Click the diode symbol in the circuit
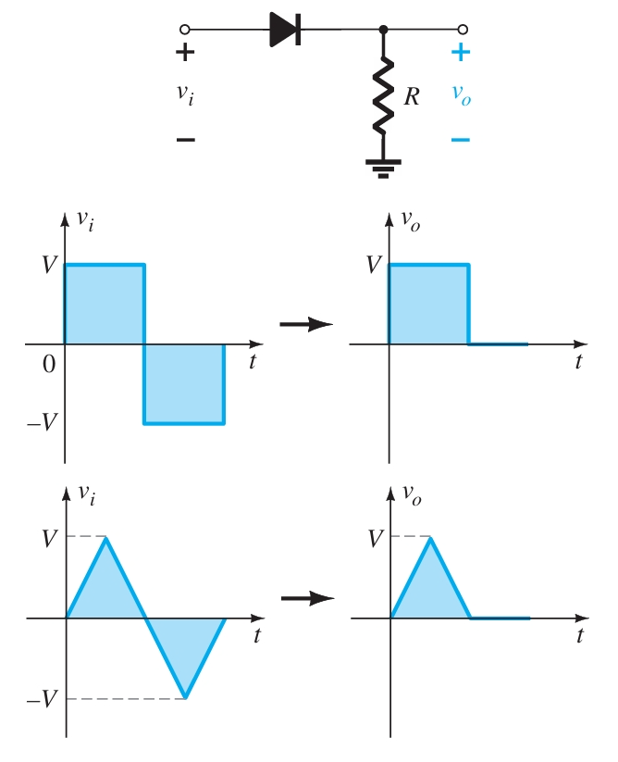[x=285, y=30]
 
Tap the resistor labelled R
[x=384, y=96]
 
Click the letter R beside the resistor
[x=412, y=96]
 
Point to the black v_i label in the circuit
[x=186, y=94]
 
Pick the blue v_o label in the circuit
[x=461, y=95]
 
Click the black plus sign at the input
[x=185, y=53]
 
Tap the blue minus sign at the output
[x=461, y=140]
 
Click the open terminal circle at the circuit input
[x=185, y=30]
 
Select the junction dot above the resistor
[x=384, y=30]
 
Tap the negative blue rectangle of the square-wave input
[x=184, y=383]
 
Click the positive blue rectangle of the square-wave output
[x=429, y=305]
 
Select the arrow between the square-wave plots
[x=306, y=324]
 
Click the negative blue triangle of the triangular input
[x=185, y=643]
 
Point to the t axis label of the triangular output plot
[x=579, y=636]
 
